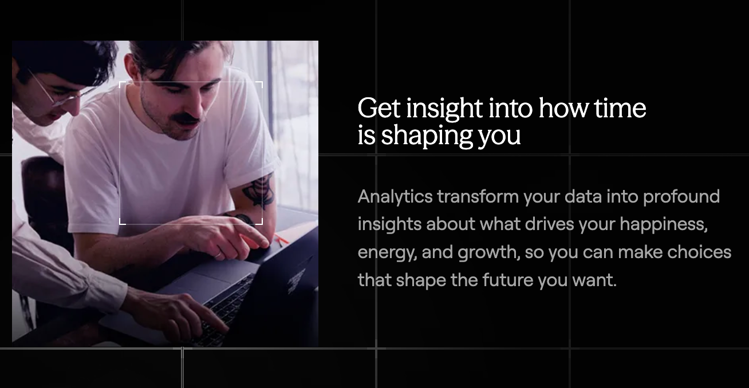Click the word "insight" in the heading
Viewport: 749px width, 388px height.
pos(445,109)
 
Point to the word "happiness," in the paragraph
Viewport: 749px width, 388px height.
pos(664,224)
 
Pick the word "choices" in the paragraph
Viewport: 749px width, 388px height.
pos(699,252)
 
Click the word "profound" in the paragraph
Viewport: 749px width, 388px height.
pos(681,196)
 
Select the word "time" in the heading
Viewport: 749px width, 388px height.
pos(620,109)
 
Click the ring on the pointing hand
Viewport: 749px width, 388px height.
pos(218,255)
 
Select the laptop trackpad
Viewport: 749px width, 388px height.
pos(208,279)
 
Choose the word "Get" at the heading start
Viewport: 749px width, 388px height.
pos(379,108)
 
